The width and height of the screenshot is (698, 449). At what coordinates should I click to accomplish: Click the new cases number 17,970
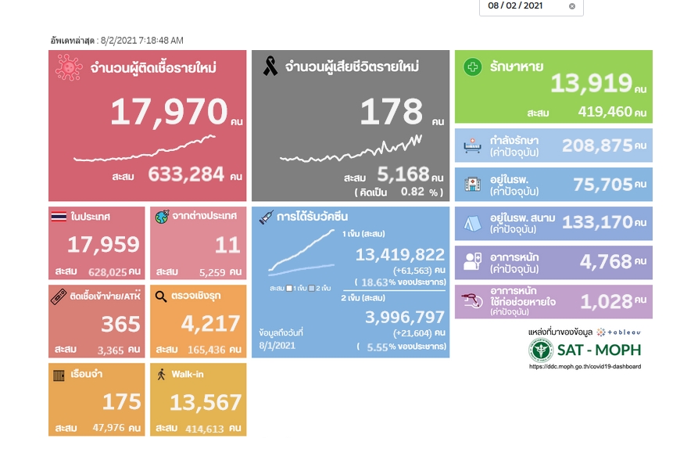168,113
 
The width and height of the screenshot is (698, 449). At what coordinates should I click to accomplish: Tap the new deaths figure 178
391,113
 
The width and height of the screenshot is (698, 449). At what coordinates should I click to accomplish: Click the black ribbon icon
270,67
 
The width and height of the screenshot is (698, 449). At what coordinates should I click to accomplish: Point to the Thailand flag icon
59,215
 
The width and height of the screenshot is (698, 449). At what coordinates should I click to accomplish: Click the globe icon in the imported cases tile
162,216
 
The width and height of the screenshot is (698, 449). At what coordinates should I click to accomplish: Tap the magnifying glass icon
161,296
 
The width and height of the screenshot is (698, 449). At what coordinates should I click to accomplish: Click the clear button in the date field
571,6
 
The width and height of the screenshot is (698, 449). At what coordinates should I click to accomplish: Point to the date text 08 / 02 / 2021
515,5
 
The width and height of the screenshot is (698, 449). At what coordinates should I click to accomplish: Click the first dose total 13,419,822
400,255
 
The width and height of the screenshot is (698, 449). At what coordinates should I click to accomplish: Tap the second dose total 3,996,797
405,317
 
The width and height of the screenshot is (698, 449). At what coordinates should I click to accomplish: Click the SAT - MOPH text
598,350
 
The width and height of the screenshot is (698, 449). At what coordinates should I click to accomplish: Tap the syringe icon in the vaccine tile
266,217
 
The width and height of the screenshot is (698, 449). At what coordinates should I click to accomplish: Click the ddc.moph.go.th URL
585,366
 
